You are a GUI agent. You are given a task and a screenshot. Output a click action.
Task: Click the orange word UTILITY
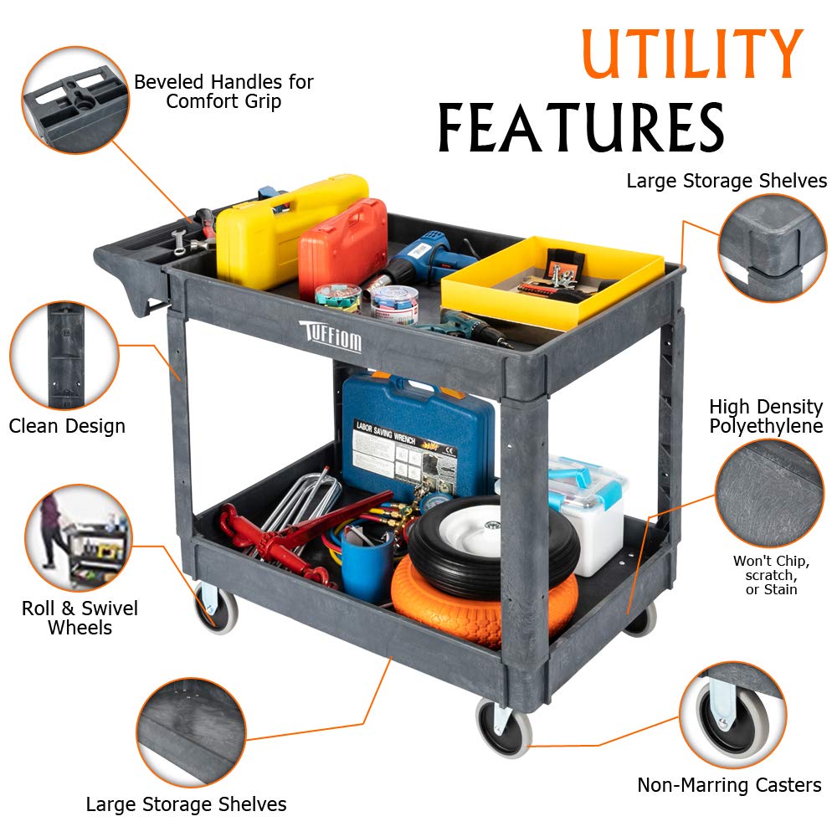click(x=692, y=54)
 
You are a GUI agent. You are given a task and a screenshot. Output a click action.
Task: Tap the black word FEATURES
click(x=582, y=127)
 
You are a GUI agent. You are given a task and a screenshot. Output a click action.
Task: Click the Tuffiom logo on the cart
click(x=331, y=336)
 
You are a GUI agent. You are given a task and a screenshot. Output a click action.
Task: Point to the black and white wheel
click(x=494, y=545)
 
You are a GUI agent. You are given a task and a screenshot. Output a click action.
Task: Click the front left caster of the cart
click(x=214, y=608)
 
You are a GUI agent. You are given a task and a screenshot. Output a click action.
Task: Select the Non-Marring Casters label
click(x=729, y=785)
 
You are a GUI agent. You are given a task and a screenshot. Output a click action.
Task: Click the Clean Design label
click(x=67, y=426)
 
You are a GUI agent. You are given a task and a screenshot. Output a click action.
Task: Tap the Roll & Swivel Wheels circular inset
click(x=79, y=538)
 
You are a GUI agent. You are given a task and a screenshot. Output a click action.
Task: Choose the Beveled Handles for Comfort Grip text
click(x=223, y=91)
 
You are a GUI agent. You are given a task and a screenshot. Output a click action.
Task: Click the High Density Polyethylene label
click(x=766, y=416)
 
